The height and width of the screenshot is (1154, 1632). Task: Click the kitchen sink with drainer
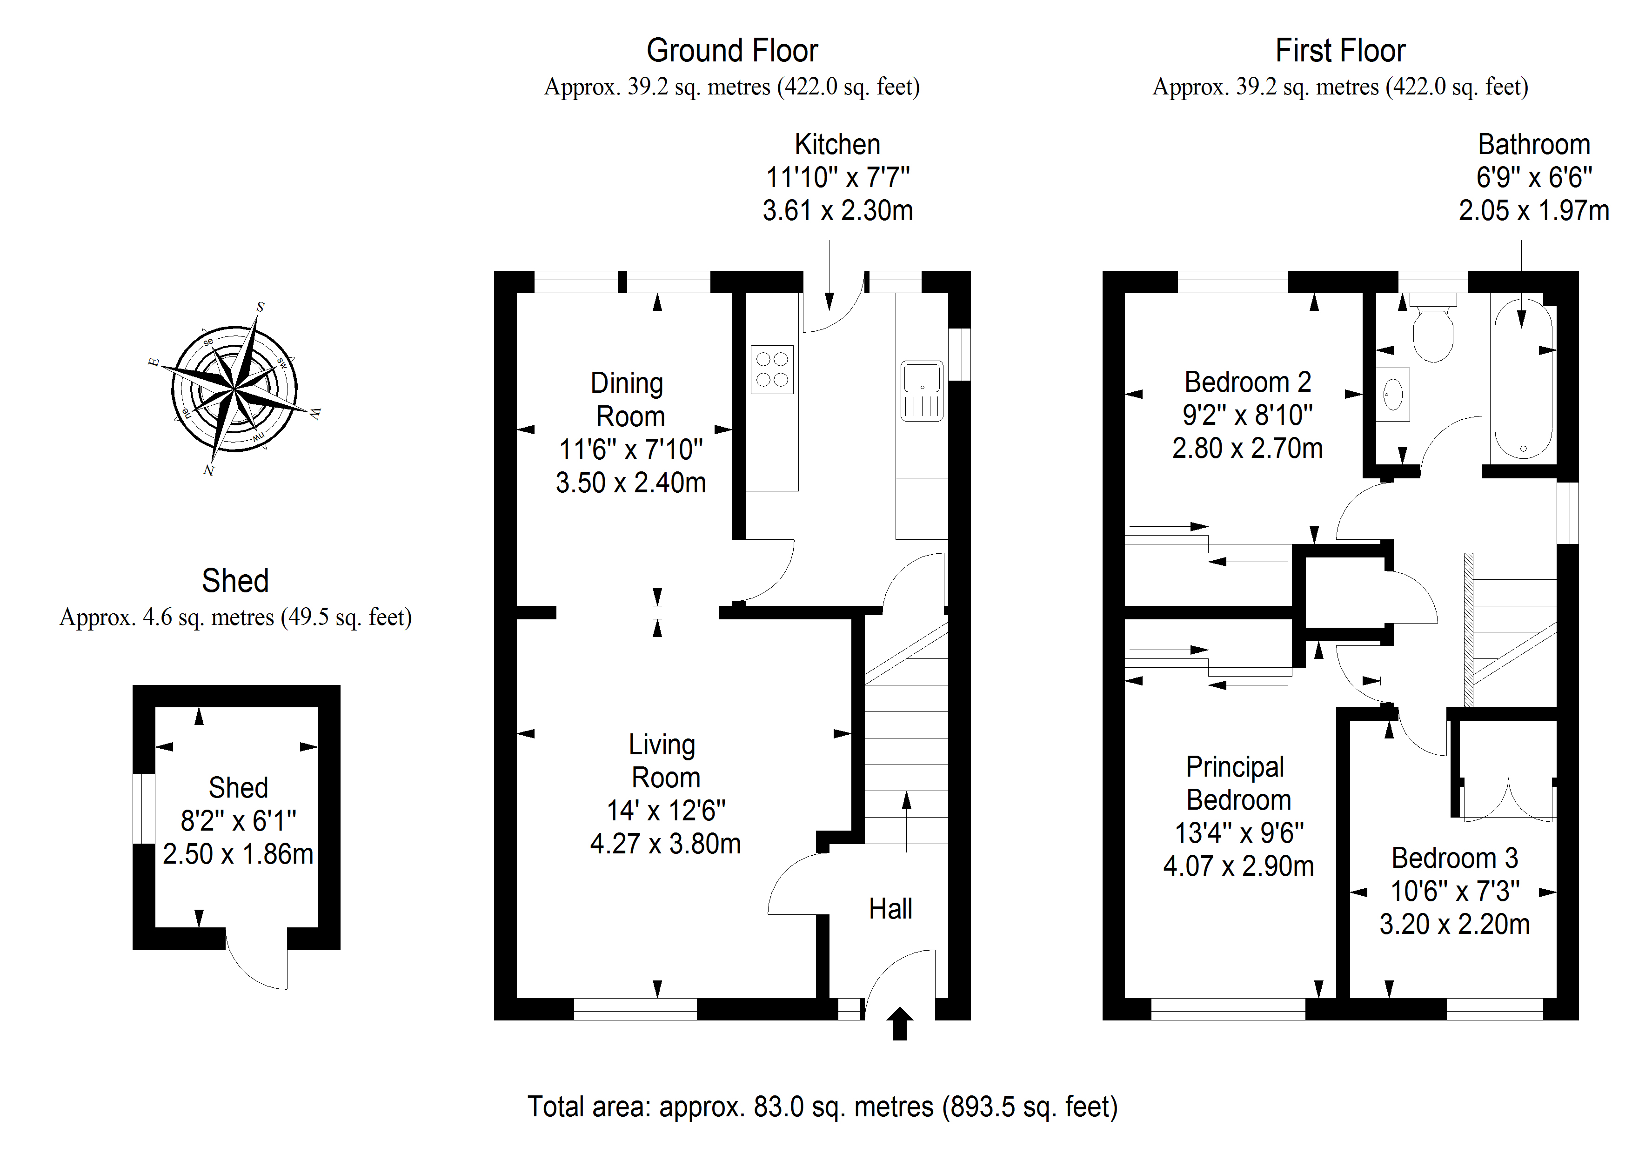[x=922, y=390]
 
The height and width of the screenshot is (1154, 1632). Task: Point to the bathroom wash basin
[x=1392, y=394]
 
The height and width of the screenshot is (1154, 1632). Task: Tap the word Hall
[x=890, y=909]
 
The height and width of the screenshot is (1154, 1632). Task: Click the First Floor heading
[x=1340, y=50]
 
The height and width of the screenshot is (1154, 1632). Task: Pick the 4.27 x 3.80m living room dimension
[x=665, y=844]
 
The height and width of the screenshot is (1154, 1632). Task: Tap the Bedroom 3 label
[x=1454, y=858]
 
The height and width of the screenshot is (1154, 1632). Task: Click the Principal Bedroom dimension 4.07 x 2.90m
[x=1238, y=866]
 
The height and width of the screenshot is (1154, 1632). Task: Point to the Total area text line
[x=823, y=1107]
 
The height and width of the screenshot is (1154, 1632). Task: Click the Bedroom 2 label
[x=1247, y=382]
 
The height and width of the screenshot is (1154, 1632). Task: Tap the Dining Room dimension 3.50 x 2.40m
[x=630, y=483]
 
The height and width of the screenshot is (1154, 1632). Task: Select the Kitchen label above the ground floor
[x=837, y=144]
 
